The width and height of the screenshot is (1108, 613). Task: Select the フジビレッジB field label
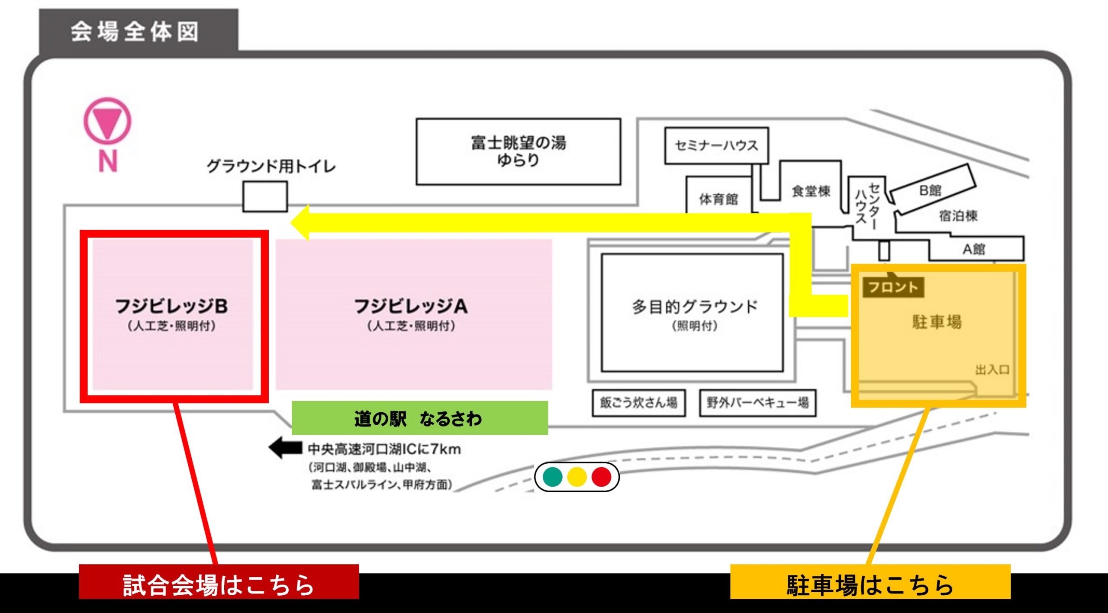(172, 306)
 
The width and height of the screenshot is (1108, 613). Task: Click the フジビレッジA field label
(411, 306)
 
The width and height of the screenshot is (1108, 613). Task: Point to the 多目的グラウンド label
(694, 307)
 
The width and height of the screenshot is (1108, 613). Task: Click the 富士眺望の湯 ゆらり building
(518, 151)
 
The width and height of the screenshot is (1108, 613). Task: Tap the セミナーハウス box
(716, 145)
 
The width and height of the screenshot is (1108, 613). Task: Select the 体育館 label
(718, 199)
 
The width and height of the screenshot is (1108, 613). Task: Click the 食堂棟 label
(811, 191)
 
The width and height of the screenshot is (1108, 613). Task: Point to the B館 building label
(930, 190)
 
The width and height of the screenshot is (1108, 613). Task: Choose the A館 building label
(973, 249)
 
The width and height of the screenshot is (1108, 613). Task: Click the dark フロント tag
(893, 287)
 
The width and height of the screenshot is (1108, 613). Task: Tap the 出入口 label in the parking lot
(992, 370)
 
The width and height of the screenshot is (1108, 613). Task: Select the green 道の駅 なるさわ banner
(419, 418)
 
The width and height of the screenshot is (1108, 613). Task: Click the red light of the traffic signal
(601, 477)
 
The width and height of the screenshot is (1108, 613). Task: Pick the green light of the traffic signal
(553, 477)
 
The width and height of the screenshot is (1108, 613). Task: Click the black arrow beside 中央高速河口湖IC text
(285, 447)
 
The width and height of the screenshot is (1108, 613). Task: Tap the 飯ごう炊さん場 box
(638, 403)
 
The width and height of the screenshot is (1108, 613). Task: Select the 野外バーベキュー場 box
(757, 403)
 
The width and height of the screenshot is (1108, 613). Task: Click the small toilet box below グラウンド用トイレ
(264, 197)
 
